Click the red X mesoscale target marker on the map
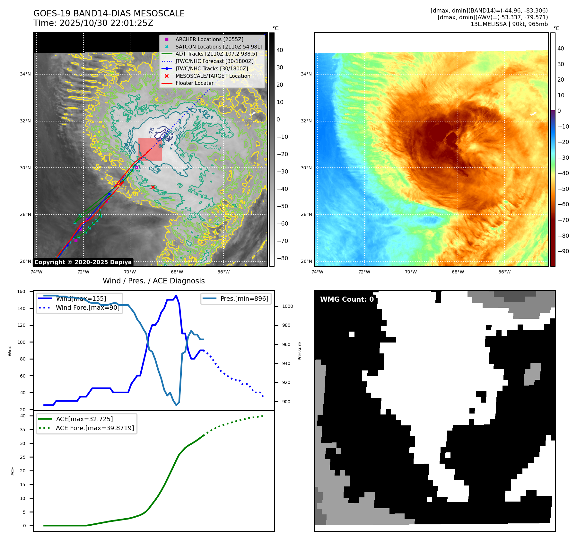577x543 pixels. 153,187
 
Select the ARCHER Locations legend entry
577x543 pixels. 209,39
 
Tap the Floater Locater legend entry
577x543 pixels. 194,83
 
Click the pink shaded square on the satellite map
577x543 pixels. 150,150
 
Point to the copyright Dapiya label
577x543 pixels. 83,262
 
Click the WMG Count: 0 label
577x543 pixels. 347,299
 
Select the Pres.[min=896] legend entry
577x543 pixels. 244,298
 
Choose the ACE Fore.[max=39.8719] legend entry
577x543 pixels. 95,428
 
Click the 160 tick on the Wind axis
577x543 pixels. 21,291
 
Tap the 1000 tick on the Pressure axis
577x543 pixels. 287,306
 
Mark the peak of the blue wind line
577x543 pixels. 176,296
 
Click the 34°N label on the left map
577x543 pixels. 25,74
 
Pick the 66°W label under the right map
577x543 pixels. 504,272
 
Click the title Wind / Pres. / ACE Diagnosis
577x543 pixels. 153,281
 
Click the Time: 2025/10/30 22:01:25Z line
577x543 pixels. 93,23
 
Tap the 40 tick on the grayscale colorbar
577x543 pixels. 280,50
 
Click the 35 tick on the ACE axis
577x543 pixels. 22,430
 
